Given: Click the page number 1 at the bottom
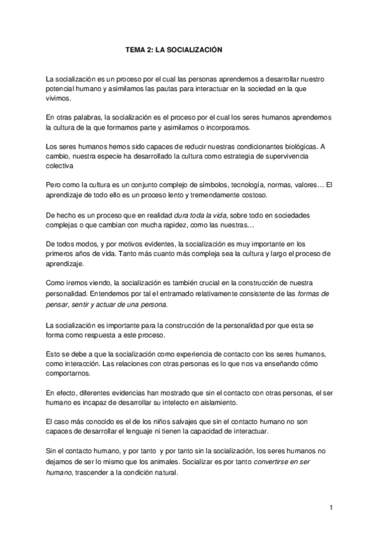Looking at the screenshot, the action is [331, 507].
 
